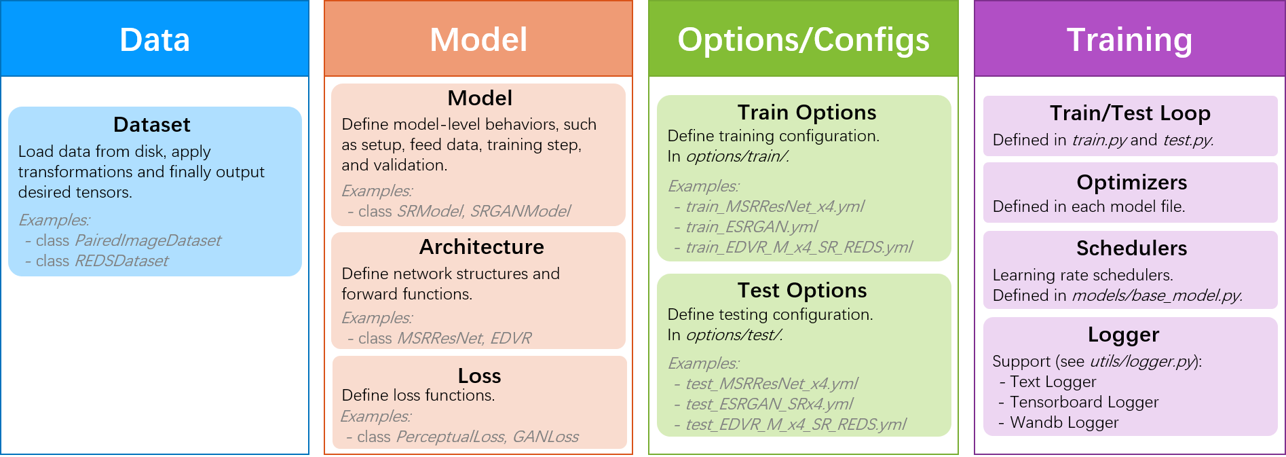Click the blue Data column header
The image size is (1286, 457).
click(155, 39)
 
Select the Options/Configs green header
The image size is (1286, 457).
click(803, 39)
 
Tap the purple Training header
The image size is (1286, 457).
click(1129, 39)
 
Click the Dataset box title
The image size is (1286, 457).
click(152, 125)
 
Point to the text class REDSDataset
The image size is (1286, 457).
click(102, 261)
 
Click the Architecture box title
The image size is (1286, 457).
click(481, 247)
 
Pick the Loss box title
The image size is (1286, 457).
click(479, 376)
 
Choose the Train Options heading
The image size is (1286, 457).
click(806, 113)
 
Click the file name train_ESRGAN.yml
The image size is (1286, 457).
click(751, 227)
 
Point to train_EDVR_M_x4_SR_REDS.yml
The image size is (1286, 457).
click(799, 247)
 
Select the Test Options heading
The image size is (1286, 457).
click(802, 291)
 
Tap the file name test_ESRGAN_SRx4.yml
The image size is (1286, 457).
click(769, 404)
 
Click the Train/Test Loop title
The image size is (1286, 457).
click(1130, 113)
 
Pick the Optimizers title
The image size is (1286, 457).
click(1131, 183)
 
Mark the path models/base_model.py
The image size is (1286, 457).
click(1156, 295)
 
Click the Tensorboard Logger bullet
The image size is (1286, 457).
click(1084, 402)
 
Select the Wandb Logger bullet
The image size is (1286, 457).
click(1063, 422)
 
